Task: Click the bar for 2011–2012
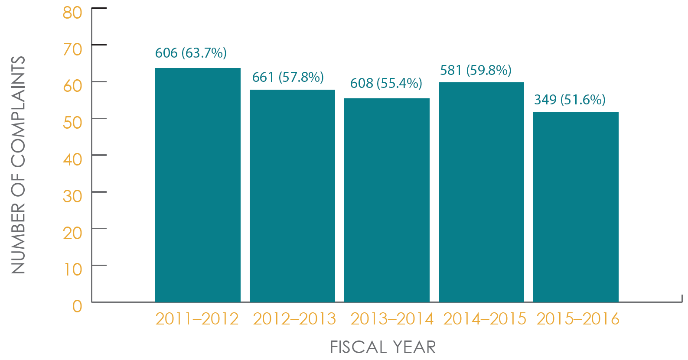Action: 198,185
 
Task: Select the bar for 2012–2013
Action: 292,196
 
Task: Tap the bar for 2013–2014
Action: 387,200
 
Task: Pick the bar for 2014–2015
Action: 481,192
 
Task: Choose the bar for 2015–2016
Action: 576,207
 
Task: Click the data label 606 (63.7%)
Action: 191,53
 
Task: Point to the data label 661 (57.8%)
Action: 288,78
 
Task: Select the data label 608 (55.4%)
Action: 386,83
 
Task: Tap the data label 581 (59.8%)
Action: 476,70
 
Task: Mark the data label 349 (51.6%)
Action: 570,100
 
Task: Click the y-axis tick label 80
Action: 72,13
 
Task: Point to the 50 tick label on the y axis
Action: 72,123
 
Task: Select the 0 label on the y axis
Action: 77,306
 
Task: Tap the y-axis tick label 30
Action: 72,196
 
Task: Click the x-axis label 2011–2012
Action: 197,319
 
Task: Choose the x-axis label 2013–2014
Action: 391,319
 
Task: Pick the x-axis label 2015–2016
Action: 577,319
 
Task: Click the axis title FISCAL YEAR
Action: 383,347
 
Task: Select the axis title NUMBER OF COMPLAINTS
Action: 18,165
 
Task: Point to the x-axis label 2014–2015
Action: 485,319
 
